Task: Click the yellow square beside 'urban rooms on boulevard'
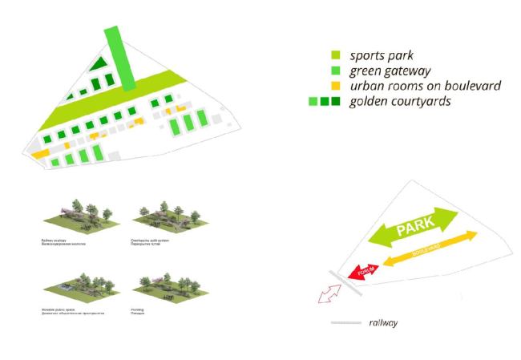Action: click(x=336, y=86)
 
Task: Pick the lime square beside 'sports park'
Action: click(x=336, y=55)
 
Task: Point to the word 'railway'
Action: click(x=383, y=323)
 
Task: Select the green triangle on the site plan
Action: click(x=99, y=64)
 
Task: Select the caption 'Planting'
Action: click(x=137, y=309)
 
